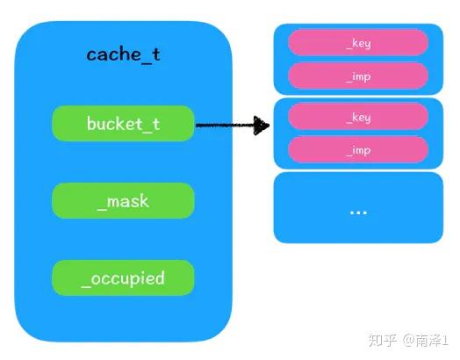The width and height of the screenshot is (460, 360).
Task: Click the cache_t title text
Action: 123,54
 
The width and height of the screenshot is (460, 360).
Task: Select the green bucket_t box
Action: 123,124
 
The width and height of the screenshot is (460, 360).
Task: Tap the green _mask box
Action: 123,201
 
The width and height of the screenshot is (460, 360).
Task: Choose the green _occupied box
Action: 123,277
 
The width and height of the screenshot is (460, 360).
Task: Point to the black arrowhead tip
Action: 269,126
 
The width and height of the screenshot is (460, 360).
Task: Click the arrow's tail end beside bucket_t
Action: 197,126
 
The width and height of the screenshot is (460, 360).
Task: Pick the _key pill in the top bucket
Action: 358,42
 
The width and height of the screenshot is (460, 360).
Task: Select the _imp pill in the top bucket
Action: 358,76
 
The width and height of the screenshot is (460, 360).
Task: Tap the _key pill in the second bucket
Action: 358,117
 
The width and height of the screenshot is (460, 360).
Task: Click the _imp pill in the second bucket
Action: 358,150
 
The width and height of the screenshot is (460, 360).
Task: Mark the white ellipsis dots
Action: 358,212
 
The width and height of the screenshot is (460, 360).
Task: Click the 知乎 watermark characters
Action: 383,341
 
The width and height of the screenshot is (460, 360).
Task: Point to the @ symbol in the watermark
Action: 409,341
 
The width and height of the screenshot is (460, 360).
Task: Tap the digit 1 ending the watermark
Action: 445,341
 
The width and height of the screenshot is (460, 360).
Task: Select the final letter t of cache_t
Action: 155,54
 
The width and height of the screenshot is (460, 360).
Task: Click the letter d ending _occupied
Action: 159,277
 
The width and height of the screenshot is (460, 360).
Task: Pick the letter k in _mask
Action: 144,201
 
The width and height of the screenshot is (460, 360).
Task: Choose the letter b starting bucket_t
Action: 91,123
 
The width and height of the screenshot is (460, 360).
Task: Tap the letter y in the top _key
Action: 367,44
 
